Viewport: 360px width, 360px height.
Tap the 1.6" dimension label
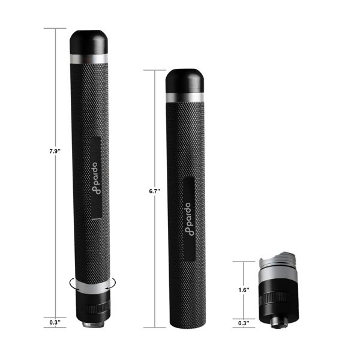pyautogui.click(x=242, y=289)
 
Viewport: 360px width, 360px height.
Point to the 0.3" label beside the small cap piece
pyautogui.click(x=242, y=322)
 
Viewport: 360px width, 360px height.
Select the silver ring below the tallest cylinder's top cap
pyautogui.click(x=89, y=59)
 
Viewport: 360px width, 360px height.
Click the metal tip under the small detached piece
pyautogui.click(x=277, y=322)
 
